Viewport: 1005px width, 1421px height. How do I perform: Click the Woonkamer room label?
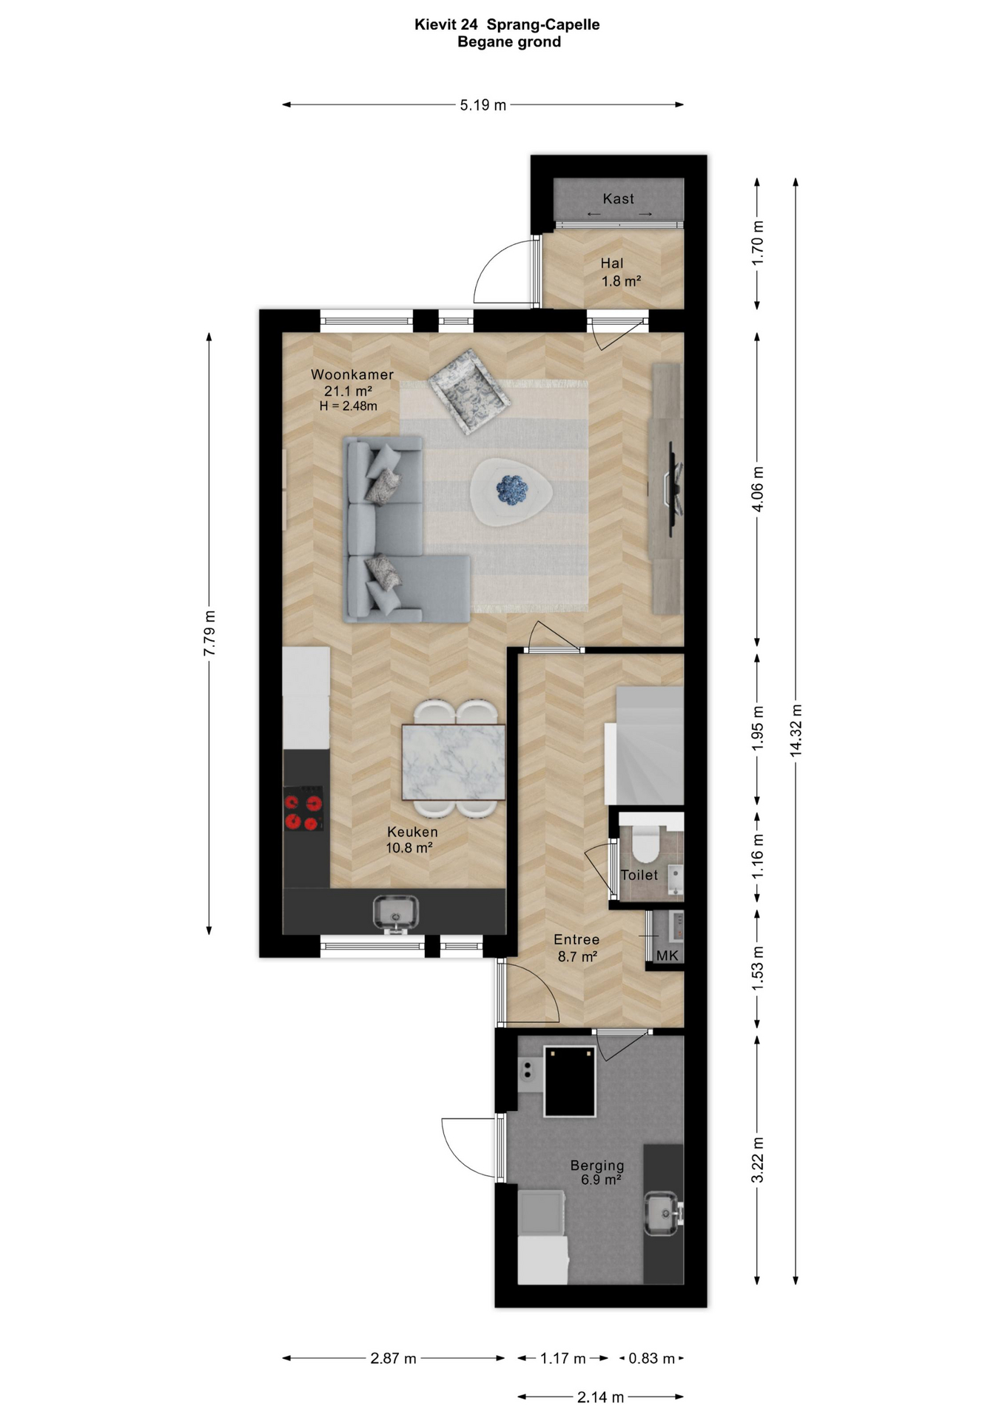(x=352, y=374)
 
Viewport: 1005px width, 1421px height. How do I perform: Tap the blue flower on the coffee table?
(x=511, y=488)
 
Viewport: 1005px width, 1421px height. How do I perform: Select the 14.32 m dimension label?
(x=796, y=730)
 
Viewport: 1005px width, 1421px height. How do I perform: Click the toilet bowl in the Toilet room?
(x=645, y=845)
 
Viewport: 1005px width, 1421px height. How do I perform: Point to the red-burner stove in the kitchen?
(x=303, y=809)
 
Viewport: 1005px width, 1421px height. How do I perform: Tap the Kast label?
(x=618, y=198)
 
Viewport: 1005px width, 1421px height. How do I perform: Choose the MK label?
(x=667, y=955)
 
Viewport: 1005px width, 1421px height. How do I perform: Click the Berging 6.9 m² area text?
(x=597, y=1172)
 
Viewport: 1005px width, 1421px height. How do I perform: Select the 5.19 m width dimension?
(x=483, y=105)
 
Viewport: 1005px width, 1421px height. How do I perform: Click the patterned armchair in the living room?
(x=469, y=392)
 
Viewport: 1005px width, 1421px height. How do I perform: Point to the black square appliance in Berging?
(x=569, y=1081)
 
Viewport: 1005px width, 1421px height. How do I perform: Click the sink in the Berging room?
(x=663, y=1214)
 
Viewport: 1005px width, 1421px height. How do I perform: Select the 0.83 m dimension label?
(x=651, y=1358)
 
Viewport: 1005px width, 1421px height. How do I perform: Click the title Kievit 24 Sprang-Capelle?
(x=507, y=24)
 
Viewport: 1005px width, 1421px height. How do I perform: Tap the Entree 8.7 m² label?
(x=577, y=948)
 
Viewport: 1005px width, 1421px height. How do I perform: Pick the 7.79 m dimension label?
(x=209, y=633)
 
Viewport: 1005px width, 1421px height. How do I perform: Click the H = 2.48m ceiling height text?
(x=349, y=406)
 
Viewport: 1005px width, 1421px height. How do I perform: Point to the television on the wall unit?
(x=673, y=489)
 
